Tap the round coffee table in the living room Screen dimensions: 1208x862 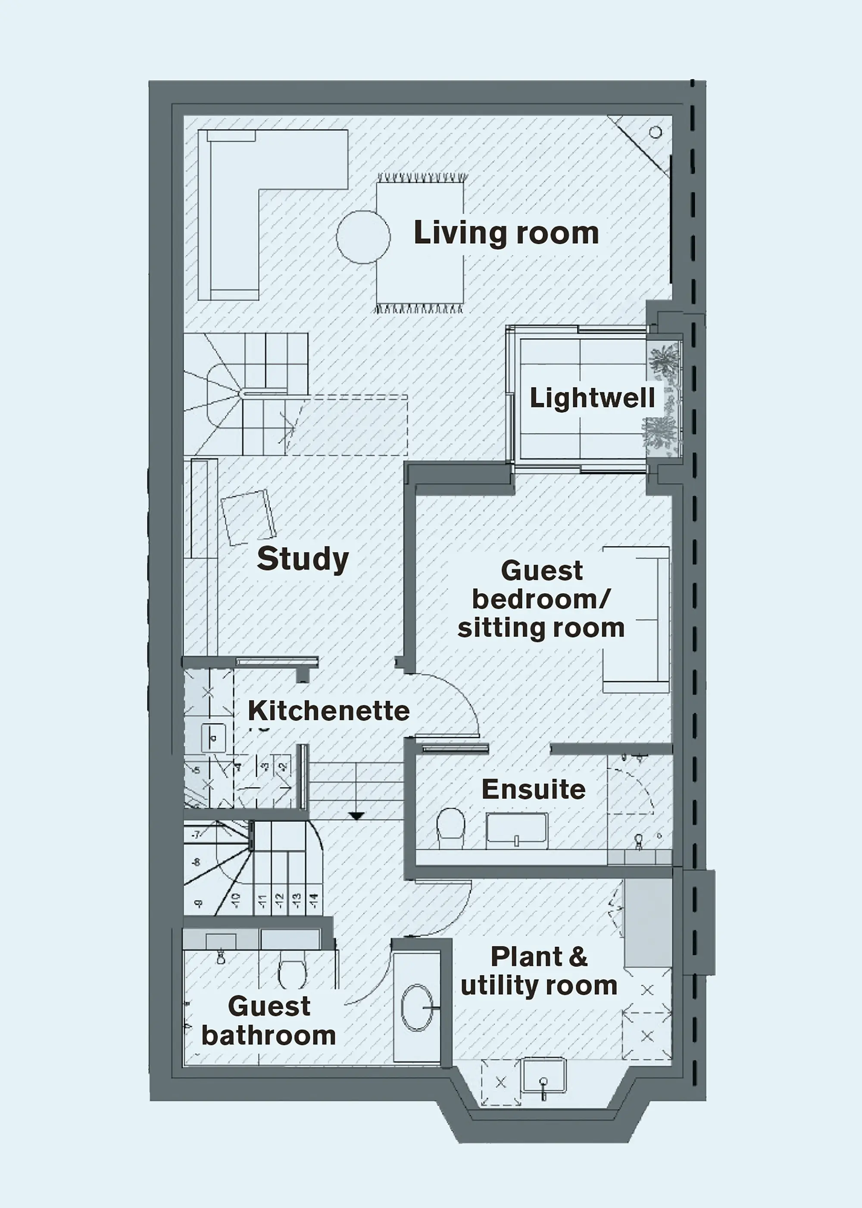click(364, 237)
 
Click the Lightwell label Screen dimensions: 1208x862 click(592, 398)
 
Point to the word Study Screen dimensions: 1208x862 click(303, 559)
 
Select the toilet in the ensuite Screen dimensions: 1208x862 click(450, 826)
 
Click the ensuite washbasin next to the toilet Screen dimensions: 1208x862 click(516, 828)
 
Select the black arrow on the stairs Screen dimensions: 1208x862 click(356, 816)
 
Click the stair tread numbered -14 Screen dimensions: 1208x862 click(314, 900)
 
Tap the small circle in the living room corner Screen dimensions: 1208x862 click(656, 132)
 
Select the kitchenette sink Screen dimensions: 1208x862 click(213, 738)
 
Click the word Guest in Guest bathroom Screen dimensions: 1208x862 click(269, 1006)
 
